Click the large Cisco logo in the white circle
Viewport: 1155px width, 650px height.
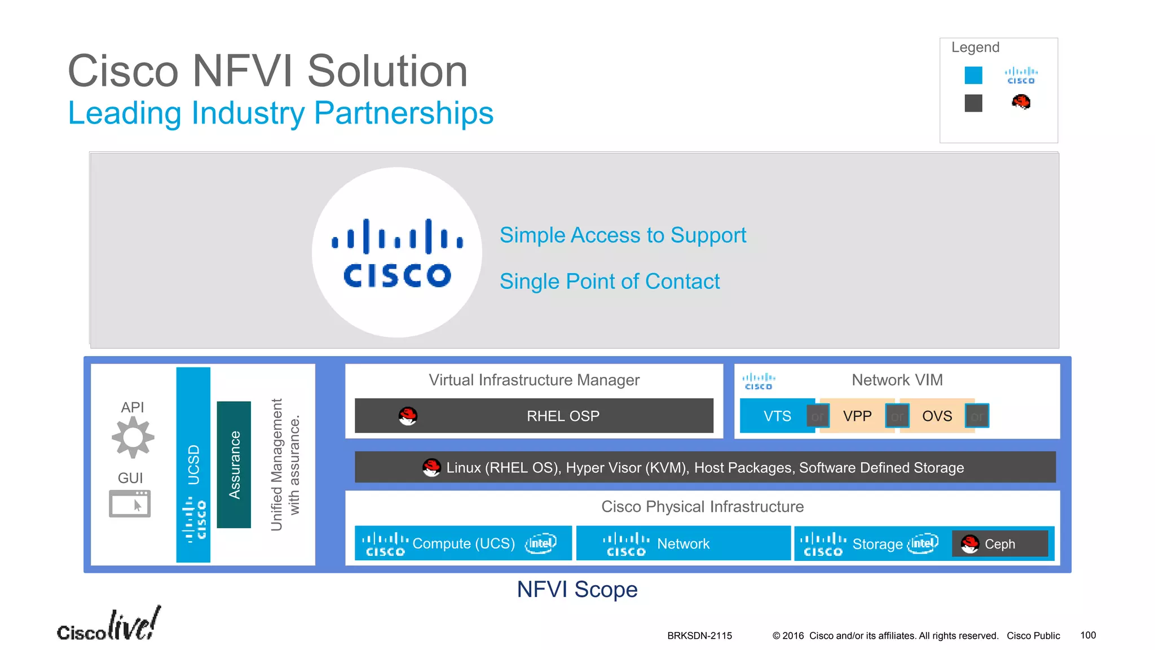point(397,253)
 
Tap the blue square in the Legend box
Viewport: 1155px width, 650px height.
point(973,75)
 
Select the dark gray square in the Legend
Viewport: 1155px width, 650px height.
point(973,103)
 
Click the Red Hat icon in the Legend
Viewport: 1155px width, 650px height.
point(1021,102)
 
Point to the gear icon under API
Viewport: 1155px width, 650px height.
point(133,437)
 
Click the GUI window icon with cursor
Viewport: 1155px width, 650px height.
point(130,503)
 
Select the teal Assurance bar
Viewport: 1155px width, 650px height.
point(233,464)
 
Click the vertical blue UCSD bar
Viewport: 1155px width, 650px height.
point(193,464)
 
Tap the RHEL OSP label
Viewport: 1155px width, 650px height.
point(563,416)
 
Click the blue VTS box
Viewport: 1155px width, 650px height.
point(777,416)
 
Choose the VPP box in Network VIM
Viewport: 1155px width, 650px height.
point(857,416)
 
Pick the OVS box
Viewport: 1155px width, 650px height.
point(937,416)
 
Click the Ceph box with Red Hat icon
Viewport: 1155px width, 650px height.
point(999,544)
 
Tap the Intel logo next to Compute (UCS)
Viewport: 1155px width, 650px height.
point(540,543)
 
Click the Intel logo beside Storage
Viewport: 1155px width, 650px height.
point(923,543)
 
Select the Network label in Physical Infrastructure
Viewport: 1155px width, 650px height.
point(683,544)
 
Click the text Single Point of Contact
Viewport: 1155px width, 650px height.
point(609,282)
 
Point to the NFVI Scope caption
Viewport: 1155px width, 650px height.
point(577,590)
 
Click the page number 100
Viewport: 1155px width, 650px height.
point(1088,635)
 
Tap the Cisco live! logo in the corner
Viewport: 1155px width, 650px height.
point(109,625)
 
